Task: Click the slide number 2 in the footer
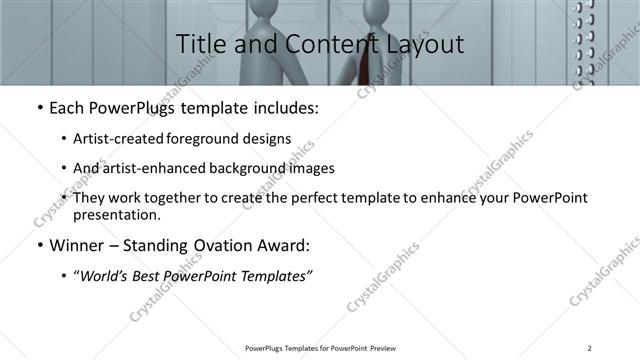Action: [x=591, y=348]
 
